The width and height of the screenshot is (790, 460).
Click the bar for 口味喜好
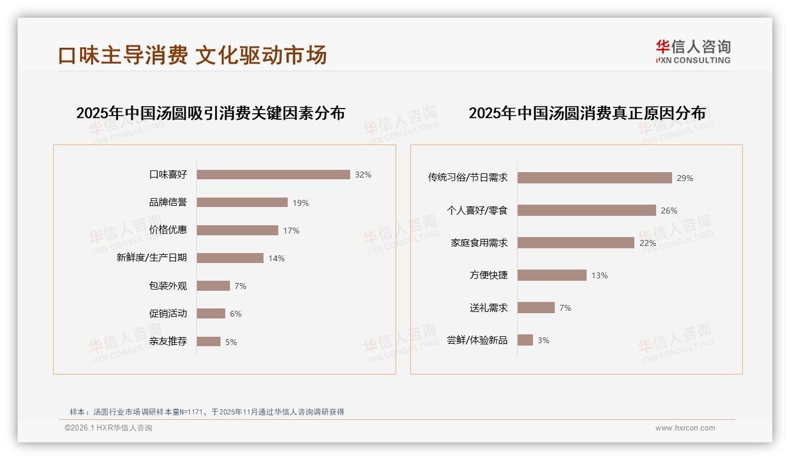click(274, 175)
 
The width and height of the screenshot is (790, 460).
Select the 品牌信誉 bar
click(242, 202)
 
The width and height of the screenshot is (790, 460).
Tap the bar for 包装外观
click(213, 286)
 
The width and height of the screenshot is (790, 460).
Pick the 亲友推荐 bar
click(209, 341)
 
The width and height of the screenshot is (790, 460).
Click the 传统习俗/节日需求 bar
click(595, 178)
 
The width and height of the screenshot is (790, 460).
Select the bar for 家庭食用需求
click(576, 243)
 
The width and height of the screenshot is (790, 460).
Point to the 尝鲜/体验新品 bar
click(525, 340)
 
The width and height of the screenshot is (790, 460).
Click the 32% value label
click(363, 175)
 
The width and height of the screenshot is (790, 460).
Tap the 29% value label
click(685, 178)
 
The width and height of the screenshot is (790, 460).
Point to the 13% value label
click(600, 275)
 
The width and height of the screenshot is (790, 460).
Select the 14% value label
click(276, 258)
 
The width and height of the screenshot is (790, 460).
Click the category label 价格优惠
click(168, 230)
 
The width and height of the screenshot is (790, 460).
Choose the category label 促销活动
click(168, 314)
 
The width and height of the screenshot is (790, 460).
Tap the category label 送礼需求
click(489, 308)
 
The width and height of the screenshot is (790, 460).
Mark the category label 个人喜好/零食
click(478, 211)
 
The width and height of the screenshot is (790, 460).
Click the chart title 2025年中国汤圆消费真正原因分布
click(587, 113)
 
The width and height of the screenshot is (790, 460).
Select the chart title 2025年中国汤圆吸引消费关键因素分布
click(210, 113)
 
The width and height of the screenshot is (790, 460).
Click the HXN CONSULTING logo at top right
click(693, 52)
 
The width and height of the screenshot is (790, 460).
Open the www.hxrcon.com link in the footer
click(685, 428)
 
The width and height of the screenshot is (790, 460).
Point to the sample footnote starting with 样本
click(206, 412)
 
